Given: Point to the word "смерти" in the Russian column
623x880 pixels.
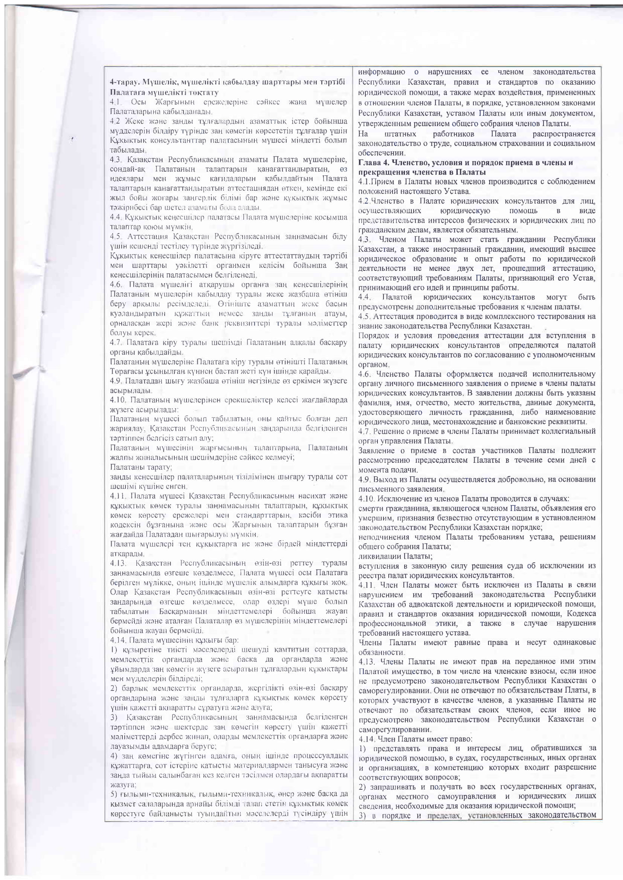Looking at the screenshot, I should [370, 508].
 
